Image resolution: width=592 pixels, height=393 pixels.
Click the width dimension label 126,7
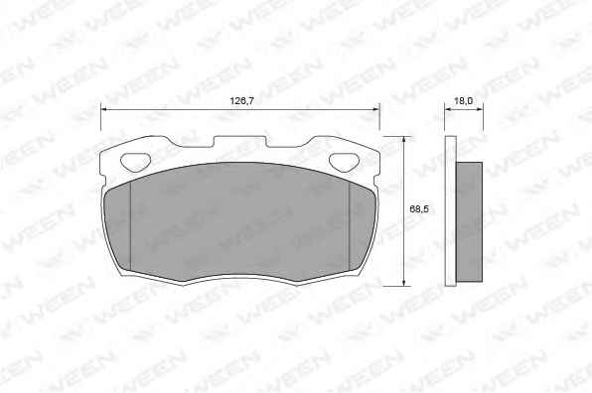coord(241,100)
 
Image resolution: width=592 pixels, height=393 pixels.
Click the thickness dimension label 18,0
coord(463,100)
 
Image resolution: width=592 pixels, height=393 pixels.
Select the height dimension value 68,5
coord(419,209)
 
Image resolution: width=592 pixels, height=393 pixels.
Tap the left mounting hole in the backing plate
coord(135,162)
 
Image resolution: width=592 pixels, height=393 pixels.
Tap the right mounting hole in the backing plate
coord(344,162)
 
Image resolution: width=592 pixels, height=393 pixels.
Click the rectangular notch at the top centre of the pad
coord(240,142)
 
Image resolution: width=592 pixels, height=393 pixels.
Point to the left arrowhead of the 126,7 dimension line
coord(104,109)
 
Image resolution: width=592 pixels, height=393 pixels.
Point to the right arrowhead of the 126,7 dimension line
coord(375,109)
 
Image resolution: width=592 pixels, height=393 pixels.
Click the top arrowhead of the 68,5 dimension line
coord(404,140)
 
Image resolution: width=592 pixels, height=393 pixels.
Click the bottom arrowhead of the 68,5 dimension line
coord(404,282)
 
